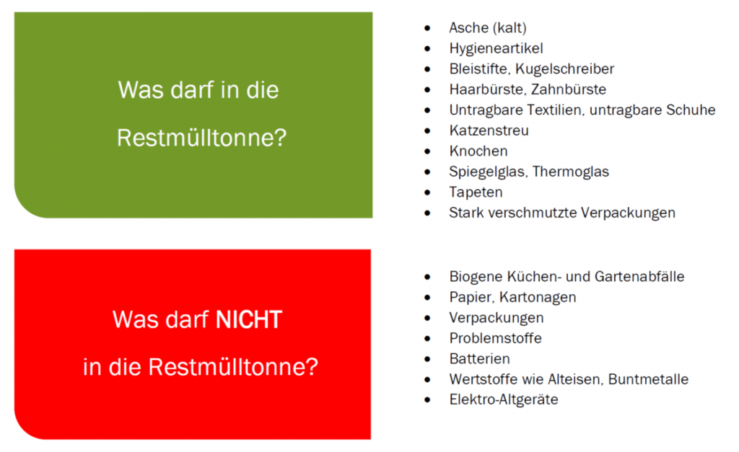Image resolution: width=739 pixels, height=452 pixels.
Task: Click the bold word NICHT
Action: (x=249, y=319)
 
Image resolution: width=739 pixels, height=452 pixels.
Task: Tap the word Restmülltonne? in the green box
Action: (x=202, y=138)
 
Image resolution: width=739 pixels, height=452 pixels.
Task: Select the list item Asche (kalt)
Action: (x=488, y=28)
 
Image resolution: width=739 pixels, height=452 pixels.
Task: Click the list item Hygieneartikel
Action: (x=496, y=48)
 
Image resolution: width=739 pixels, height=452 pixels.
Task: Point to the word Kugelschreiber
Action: (x=564, y=68)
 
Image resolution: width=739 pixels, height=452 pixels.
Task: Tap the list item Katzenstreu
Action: (x=489, y=130)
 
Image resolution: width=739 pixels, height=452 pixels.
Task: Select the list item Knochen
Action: (x=478, y=151)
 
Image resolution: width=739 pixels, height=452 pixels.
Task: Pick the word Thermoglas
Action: (x=570, y=172)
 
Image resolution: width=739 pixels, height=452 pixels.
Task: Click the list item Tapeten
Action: (x=476, y=192)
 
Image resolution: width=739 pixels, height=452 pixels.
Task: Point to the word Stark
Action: (x=466, y=213)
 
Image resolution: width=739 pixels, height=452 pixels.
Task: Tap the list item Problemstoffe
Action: (x=495, y=338)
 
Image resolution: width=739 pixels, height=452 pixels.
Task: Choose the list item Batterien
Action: (x=479, y=359)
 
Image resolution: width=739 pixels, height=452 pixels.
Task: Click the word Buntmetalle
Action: (x=648, y=379)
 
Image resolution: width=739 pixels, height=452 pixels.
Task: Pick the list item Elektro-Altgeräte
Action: (x=503, y=400)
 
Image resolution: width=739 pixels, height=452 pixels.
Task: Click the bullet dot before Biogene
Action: (x=427, y=277)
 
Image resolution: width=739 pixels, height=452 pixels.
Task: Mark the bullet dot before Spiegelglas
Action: (x=427, y=172)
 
